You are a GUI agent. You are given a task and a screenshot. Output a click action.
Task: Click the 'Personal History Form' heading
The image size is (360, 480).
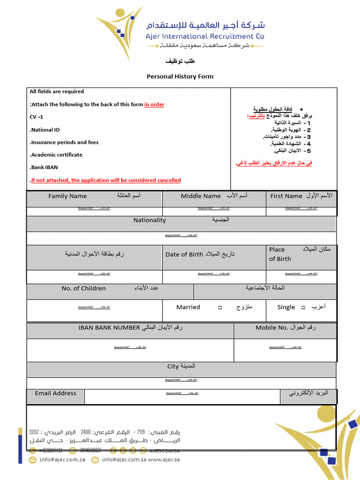tap(180, 76)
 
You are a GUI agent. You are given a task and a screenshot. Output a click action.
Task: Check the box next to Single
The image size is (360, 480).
tap(303, 307)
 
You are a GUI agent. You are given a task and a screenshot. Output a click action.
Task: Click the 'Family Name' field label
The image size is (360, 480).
tap(67, 196)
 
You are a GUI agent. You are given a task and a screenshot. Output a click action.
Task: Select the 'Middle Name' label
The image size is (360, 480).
tap(201, 196)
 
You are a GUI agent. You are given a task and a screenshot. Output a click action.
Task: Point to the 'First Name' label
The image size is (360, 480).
tap(286, 196)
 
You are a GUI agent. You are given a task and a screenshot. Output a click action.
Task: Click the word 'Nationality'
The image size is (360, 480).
tap(150, 220)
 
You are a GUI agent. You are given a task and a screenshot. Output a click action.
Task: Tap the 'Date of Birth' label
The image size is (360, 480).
tap(184, 255)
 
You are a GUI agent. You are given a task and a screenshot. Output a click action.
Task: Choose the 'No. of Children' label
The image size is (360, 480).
tap(83, 288)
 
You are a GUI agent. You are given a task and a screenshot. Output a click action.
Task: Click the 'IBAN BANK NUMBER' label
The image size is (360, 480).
tap(110, 328)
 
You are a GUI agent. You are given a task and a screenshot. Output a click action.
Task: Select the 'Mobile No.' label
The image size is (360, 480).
tap(272, 328)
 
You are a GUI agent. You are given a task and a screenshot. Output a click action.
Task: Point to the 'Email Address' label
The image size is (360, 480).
tap(55, 393)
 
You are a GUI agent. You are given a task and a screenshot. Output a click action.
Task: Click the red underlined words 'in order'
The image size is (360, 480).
tap(154, 105)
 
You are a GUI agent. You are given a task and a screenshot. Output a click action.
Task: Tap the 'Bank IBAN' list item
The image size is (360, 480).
tap(45, 167)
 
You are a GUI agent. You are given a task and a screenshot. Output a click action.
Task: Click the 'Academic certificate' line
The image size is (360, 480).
tap(56, 155)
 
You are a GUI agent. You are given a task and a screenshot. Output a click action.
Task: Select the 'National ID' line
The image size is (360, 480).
tap(45, 130)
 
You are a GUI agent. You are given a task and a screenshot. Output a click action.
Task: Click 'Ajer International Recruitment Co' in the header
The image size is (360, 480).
tap(204, 36)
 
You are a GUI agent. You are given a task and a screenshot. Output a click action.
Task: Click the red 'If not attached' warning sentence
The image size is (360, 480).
tap(105, 180)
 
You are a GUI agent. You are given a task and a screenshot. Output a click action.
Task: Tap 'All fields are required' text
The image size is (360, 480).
tap(57, 91)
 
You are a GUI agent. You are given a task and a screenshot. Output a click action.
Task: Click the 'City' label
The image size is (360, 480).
tap(173, 367)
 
